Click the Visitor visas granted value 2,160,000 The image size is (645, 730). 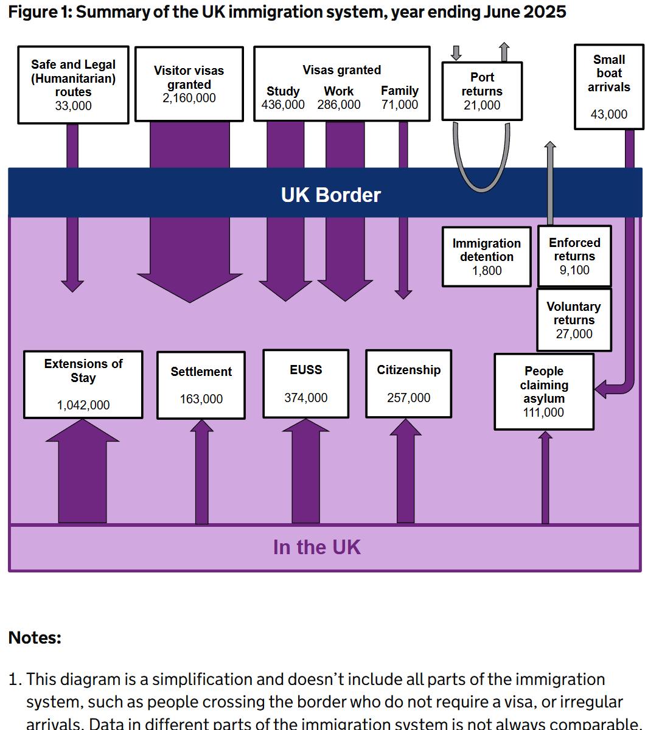189,99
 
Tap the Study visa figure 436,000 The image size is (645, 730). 283,105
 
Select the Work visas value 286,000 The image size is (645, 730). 339,105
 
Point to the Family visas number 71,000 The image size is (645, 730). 400,105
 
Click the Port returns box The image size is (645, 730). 482,91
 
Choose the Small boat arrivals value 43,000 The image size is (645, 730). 608,114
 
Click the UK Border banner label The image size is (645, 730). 330,195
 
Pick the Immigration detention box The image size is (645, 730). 486,257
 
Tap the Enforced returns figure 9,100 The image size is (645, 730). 574,270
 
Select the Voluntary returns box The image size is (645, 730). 573,320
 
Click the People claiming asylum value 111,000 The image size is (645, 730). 543,412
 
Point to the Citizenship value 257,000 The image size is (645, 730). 408,398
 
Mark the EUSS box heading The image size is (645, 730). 305,370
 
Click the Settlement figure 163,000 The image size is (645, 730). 201,399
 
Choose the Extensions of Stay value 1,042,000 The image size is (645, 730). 83,405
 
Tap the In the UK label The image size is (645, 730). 316,547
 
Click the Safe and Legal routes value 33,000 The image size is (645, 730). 73,106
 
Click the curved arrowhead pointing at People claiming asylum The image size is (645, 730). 601,388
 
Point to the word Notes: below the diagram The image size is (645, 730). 35,638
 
